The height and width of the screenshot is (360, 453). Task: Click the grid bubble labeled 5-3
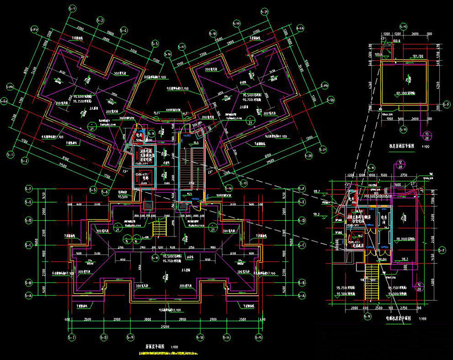click(x=99, y=21)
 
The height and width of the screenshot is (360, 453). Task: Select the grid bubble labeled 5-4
click(x=124, y=30)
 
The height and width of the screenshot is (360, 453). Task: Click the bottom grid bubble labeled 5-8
click(x=104, y=338)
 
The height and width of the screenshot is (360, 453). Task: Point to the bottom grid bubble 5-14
click(x=226, y=338)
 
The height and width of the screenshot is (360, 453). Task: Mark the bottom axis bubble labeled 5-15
click(x=259, y=338)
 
